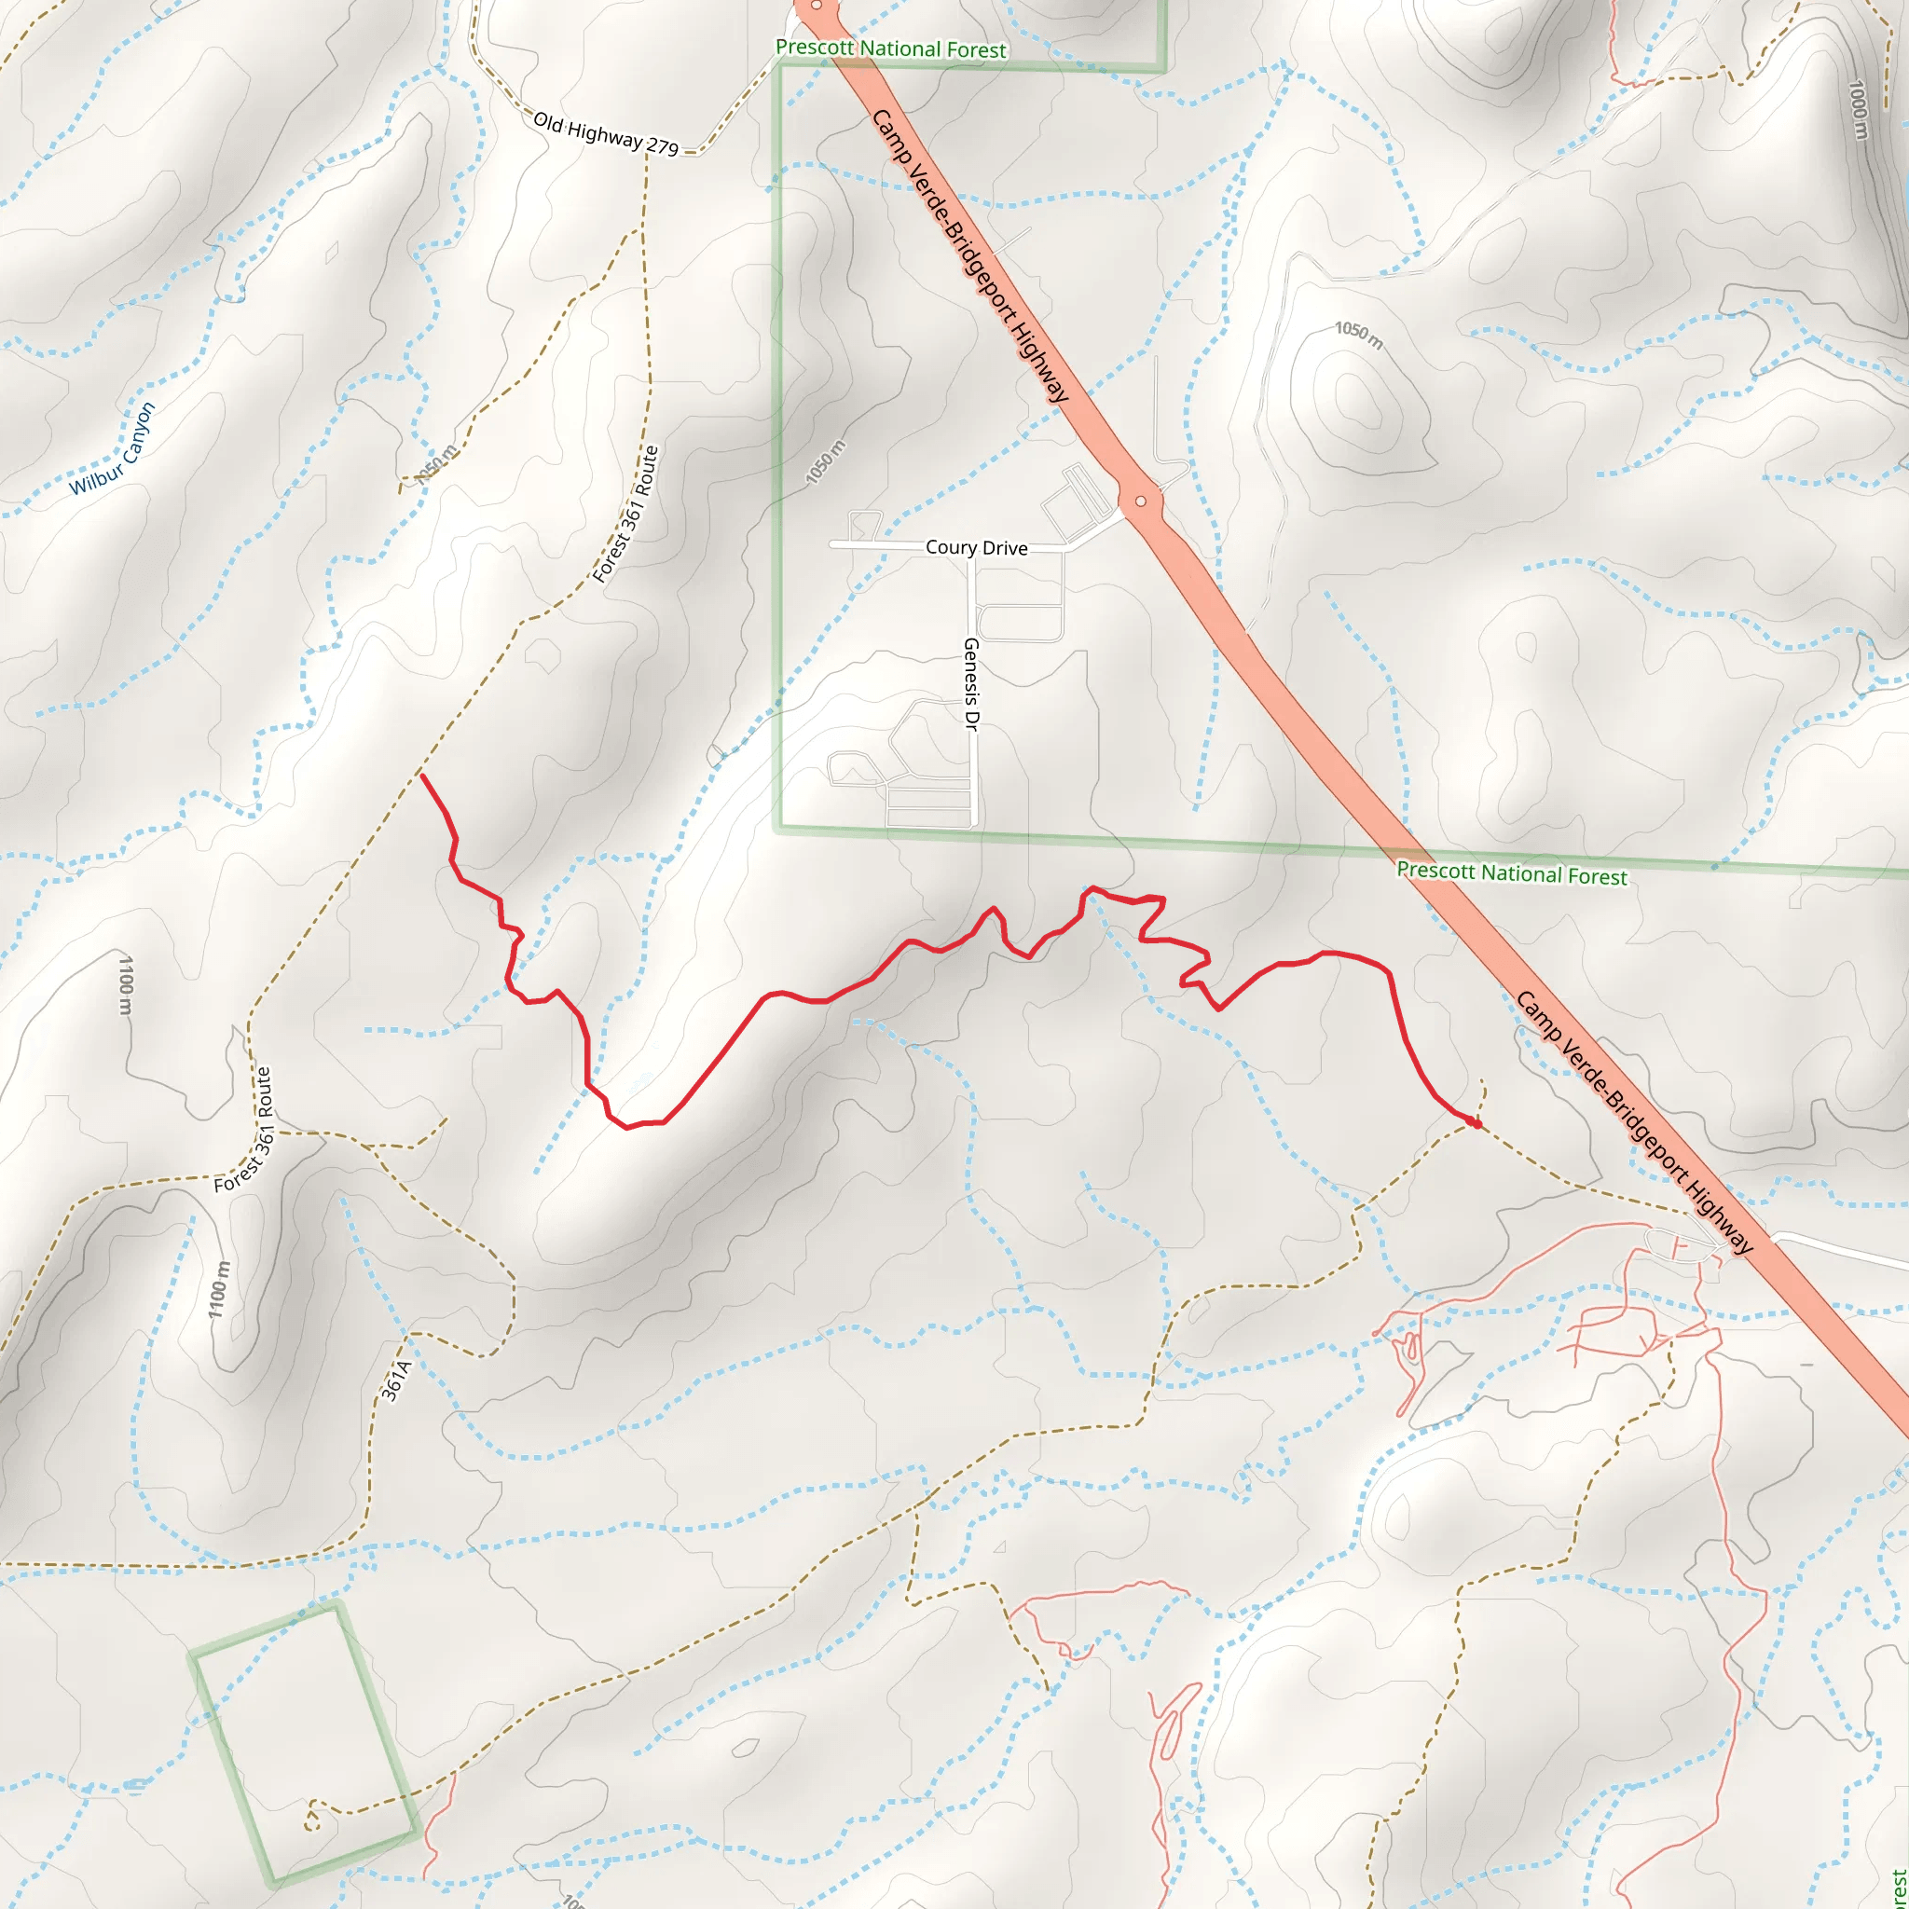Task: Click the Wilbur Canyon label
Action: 112,448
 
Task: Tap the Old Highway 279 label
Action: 606,134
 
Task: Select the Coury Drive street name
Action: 976,547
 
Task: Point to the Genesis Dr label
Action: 970,685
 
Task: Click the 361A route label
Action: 395,1381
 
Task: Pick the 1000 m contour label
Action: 1858,110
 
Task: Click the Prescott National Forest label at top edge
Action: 890,48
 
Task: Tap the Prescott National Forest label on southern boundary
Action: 1511,873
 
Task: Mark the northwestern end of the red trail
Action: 422,776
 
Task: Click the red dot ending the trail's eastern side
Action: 1476,1123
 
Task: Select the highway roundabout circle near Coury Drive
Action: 1141,501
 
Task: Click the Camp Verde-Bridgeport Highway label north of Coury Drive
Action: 969,256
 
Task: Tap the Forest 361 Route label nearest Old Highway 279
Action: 625,515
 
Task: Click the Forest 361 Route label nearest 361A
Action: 243,1130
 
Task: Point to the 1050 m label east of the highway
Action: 1359,335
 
